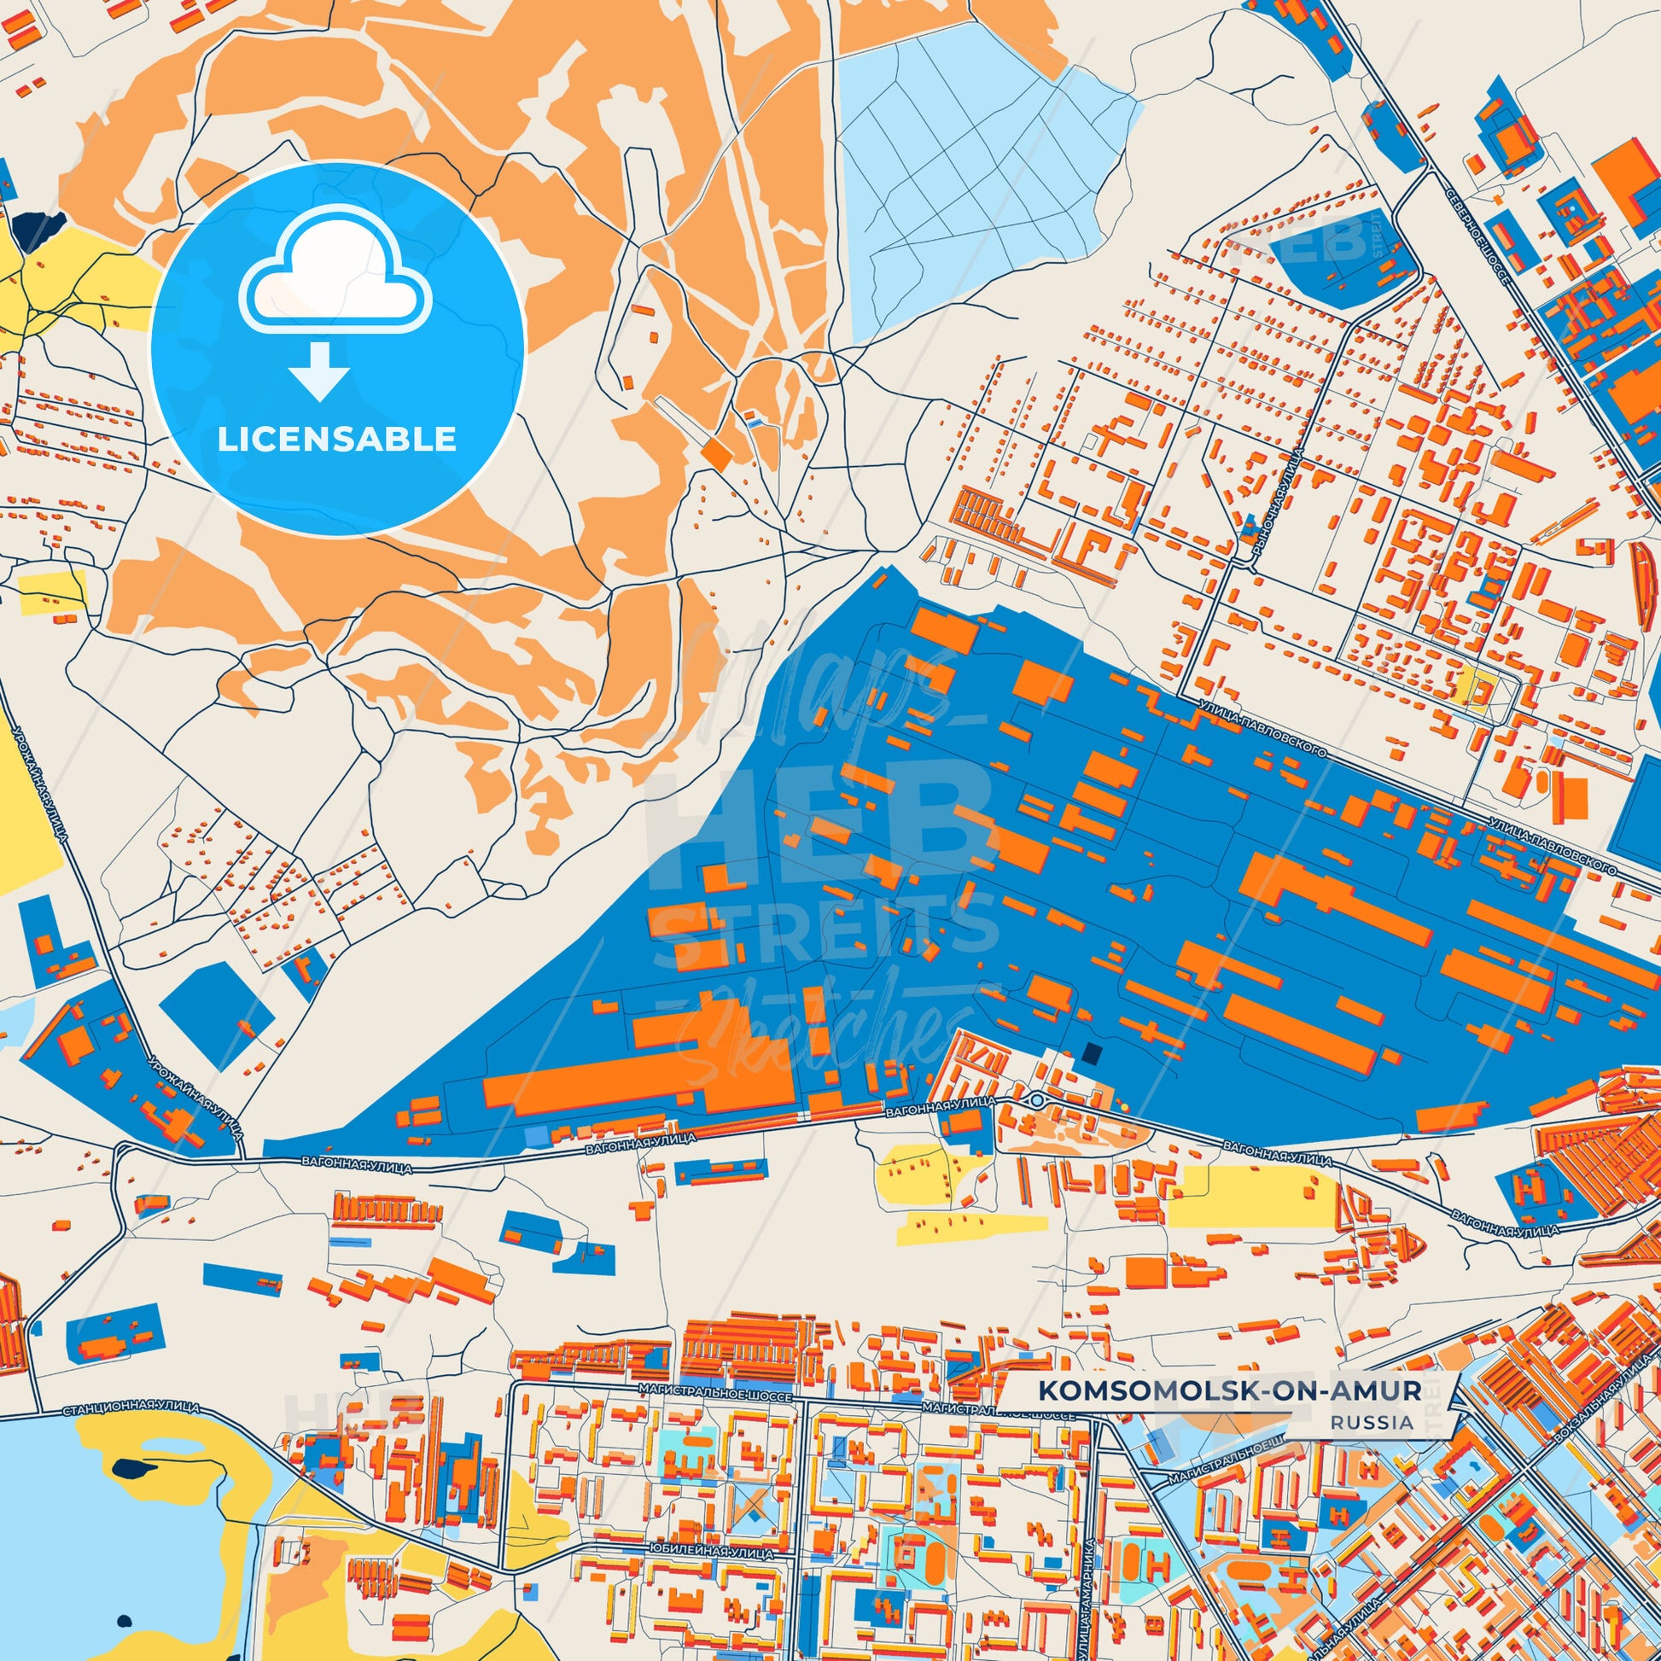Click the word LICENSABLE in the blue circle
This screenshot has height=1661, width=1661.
click(336, 440)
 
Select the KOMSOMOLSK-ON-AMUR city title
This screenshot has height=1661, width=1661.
click(1228, 1391)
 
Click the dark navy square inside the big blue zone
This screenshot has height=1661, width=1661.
click(1091, 1053)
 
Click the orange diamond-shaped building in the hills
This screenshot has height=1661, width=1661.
click(715, 456)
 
